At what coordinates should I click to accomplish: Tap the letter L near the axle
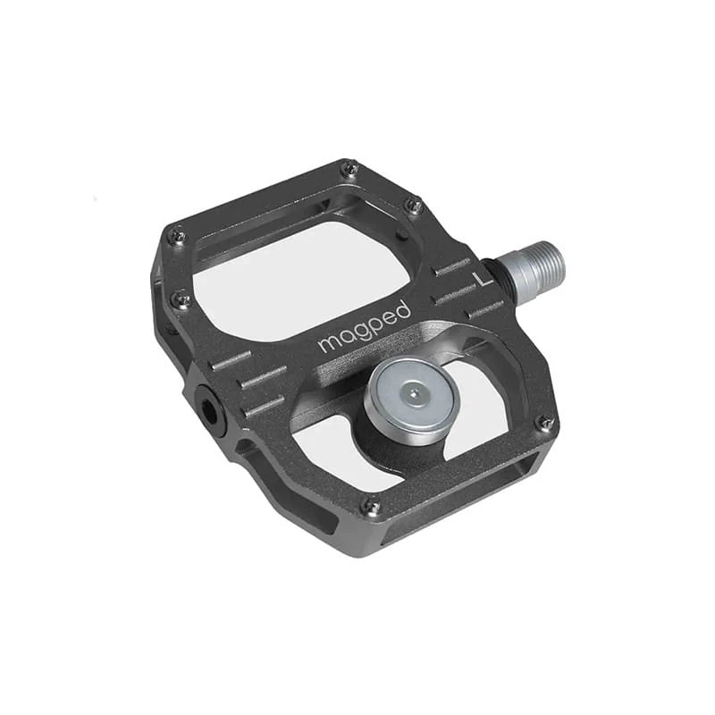click(484, 279)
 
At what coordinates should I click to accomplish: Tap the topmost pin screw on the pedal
click(349, 169)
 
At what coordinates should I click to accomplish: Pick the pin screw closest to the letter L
click(414, 206)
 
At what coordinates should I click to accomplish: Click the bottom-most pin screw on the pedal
click(370, 506)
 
